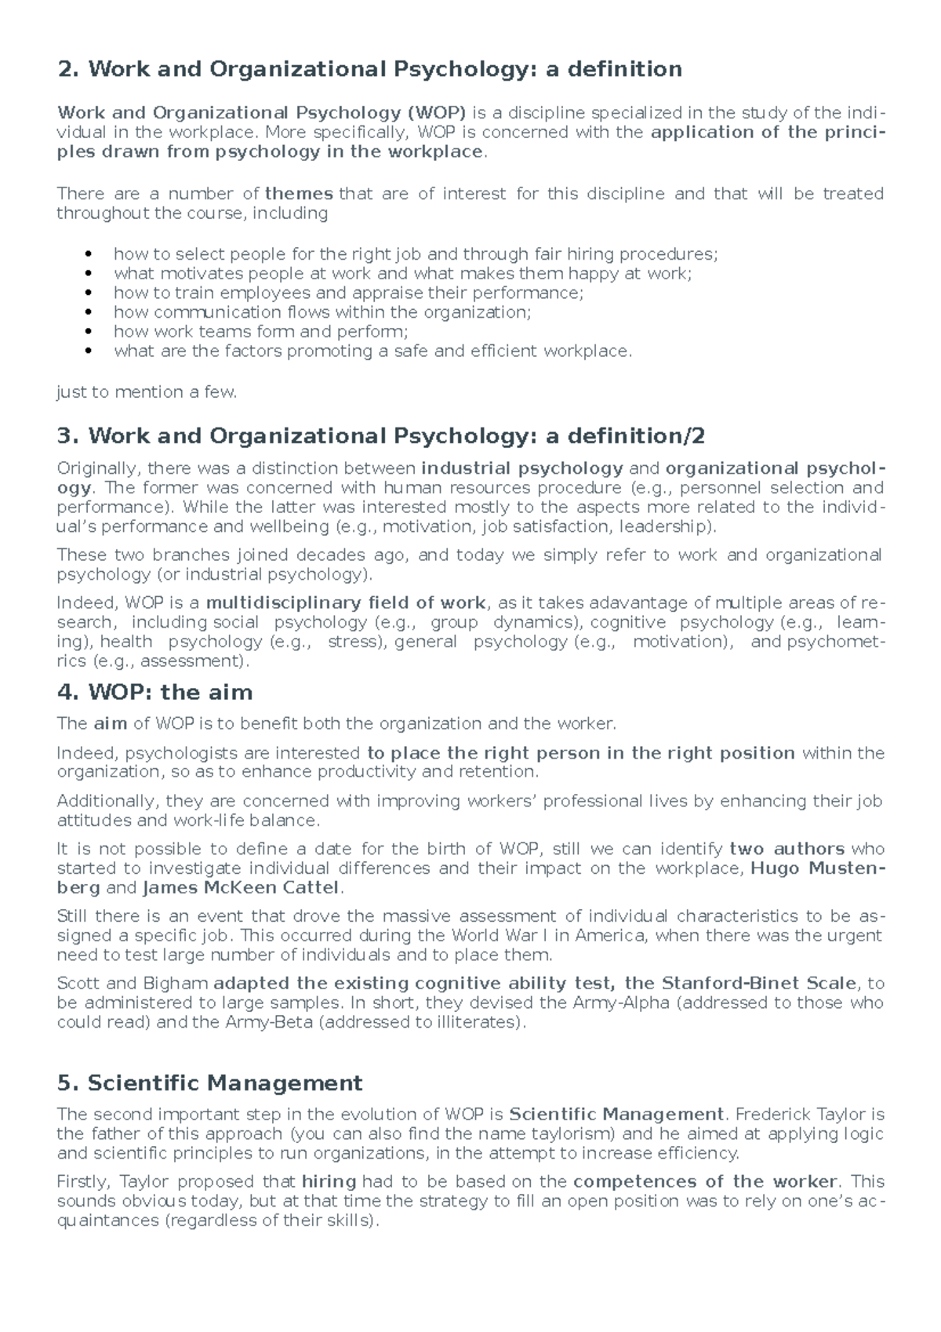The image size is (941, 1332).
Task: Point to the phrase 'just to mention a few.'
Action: click(147, 392)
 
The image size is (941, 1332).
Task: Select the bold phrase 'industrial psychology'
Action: click(522, 468)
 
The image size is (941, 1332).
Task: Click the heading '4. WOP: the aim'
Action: click(154, 693)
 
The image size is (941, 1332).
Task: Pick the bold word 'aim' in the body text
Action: click(111, 723)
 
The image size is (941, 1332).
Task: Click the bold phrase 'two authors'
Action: click(787, 849)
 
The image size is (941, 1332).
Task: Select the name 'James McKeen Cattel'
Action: click(241, 888)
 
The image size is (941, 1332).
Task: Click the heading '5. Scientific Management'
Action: click(209, 1083)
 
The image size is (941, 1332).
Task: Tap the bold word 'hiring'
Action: click(329, 1181)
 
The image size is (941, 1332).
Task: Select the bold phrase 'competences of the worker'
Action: click(706, 1181)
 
